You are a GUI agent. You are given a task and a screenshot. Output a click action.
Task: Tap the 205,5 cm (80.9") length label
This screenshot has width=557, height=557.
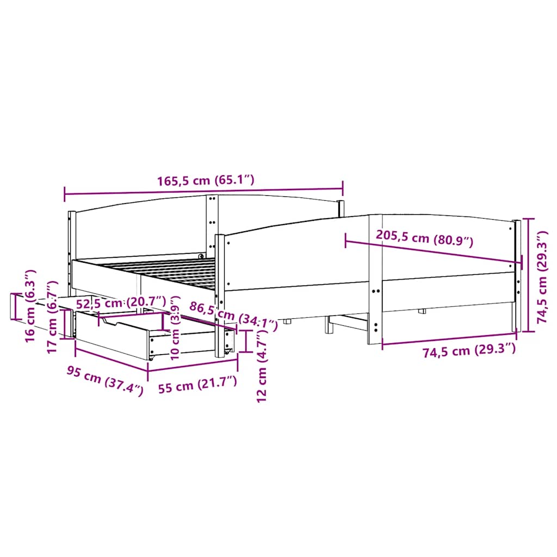tap(424, 238)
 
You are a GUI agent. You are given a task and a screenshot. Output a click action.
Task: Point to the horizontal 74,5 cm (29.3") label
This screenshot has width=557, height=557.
tap(468, 351)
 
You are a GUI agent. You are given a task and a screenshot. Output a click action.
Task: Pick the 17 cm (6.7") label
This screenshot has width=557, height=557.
tap(52, 317)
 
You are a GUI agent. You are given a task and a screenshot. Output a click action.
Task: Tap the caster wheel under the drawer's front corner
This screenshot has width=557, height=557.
tap(151, 358)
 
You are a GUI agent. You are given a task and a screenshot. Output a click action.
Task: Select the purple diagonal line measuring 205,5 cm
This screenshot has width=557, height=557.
tap(433, 250)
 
